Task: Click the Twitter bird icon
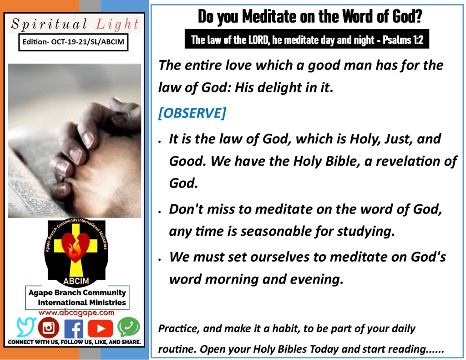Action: coord(26,327)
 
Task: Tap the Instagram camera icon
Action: coord(48,328)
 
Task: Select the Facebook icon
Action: coord(74,329)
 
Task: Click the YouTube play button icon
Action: coord(100,329)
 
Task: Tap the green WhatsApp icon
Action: coord(129,327)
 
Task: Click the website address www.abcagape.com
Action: coord(76,312)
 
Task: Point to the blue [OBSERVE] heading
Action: coord(192,113)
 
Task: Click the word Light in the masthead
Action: coord(117,24)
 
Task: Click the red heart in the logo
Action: coord(76,246)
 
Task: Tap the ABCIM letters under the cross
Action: coord(76,281)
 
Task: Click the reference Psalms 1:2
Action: coord(403,40)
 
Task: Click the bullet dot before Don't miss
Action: coord(160,212)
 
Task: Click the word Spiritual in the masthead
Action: coord(49,24)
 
